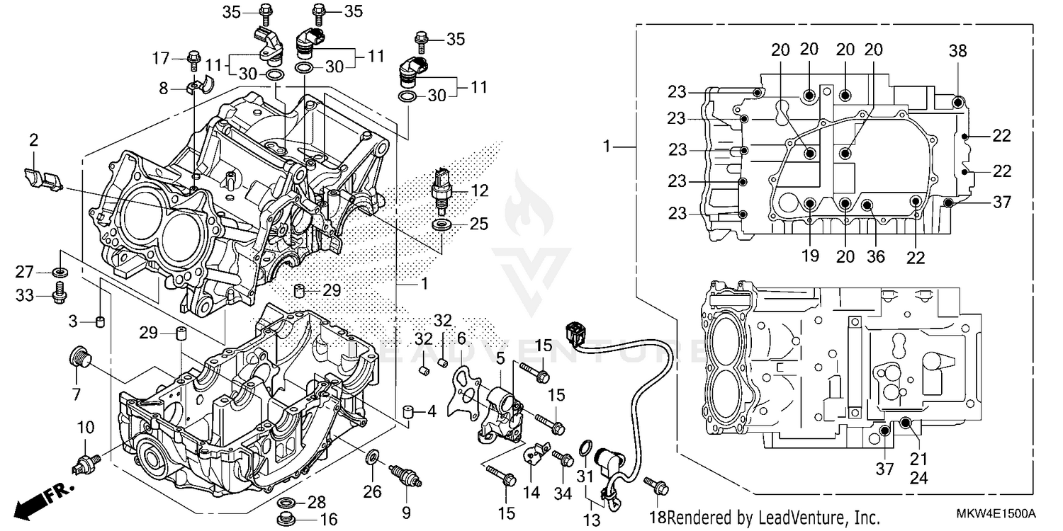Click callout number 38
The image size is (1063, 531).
[958, 51]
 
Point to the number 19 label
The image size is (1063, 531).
[810, 256]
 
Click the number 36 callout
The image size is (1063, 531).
[876, 256]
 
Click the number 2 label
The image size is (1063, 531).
[33, 141]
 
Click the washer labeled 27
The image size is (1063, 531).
[60, 272]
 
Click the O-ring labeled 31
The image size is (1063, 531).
[585, 447]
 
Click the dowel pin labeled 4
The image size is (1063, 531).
[408, 412]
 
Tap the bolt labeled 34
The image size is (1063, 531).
[562, 459]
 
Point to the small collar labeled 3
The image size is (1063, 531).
[101, 323]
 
